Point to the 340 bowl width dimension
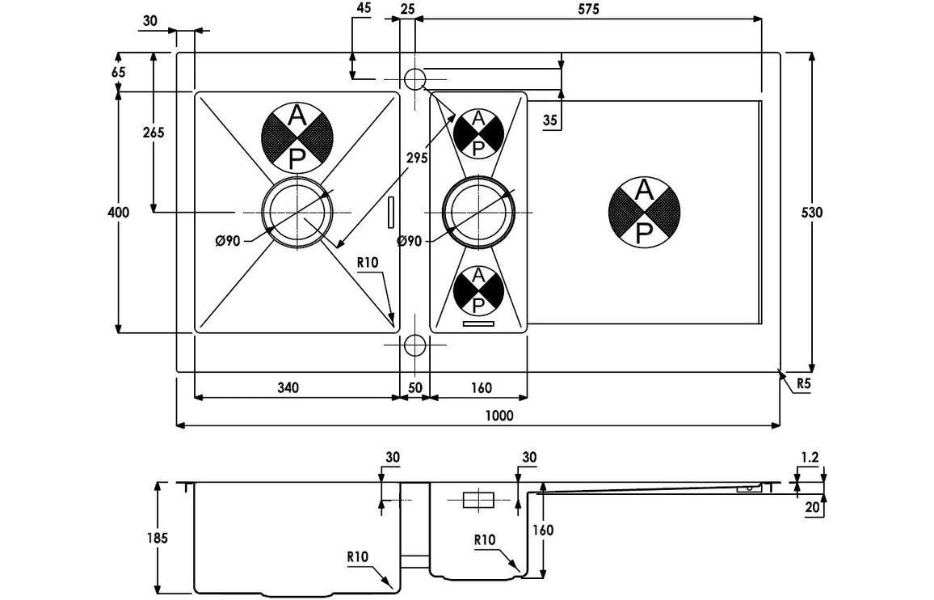(288, 388)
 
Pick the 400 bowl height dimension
(119, 213)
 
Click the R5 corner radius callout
(803, 384)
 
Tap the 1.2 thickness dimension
(810, 458)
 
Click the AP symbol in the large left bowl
(297, 137)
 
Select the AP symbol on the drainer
(644, 212)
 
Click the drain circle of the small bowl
(478, 213)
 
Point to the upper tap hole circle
(414, 79)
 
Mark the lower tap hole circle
(414, 345)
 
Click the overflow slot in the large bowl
(393, 213)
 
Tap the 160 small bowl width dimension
(480, 388)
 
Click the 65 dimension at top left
(119, 72)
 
